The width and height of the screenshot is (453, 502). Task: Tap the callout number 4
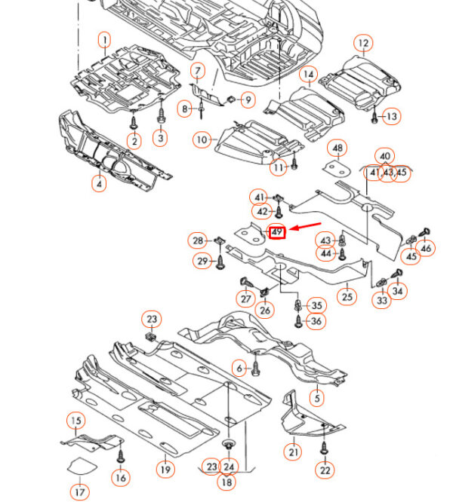click(99, 183)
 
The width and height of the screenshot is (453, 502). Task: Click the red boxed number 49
click(277, 232)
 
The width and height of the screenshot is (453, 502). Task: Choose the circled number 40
click(386, 157)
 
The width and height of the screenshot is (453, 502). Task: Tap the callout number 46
click(427, 248)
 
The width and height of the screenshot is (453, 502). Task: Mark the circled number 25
click(347, 295)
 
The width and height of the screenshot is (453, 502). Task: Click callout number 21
click(293, 451)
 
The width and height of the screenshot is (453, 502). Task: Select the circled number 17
click(80, 492)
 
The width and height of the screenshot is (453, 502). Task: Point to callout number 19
click(165, 469)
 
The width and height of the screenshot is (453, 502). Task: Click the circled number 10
click(201, 139)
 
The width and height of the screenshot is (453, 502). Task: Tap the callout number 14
click(308, 74)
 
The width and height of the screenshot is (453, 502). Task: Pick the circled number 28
click(198, 240)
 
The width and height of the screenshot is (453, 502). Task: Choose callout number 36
click(316, 321)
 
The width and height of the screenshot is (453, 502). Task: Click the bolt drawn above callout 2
click(134, 121)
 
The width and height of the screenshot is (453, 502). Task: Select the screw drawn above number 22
click(324, 450)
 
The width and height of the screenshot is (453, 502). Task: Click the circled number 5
click(318, 398)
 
